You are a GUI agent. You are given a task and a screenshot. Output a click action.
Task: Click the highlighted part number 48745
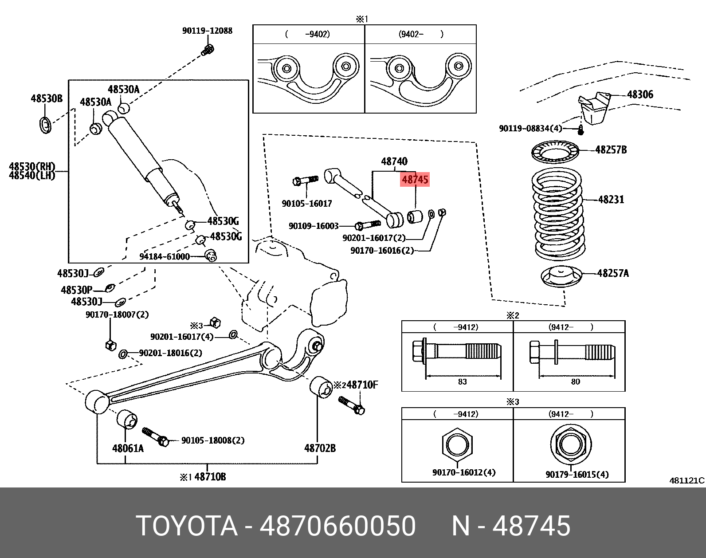tap(415, 180)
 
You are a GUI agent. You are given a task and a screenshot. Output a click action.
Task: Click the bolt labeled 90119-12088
tap(207, 50)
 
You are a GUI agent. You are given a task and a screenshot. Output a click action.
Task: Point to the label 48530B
tap(47, 98)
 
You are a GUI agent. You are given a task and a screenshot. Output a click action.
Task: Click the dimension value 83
tap(462, 382)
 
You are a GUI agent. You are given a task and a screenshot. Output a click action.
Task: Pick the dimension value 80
tap(575, 382)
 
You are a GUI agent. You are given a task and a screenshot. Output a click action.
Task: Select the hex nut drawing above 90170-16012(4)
tap(457, 445)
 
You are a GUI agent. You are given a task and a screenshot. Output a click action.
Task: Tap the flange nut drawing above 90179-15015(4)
tap(571, 444)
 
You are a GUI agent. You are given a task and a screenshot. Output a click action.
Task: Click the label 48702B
tap(320, 448)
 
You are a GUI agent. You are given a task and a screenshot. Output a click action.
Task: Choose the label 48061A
tap(128, 448)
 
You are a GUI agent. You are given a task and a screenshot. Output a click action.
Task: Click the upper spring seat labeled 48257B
tap(555, 152)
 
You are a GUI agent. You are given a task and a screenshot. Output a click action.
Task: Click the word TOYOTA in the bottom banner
tap(187, 526)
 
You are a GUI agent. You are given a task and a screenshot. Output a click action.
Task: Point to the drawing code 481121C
tap(686, 480)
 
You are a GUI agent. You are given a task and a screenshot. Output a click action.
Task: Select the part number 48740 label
tap(394, 161)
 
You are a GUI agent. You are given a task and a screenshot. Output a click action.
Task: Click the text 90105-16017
tap(307, 204)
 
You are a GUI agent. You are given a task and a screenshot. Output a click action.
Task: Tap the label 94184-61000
tap(165, 257)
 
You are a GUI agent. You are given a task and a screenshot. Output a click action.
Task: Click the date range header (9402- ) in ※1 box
tap(420, 34)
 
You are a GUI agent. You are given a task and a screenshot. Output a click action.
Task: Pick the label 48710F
tap(362, 385)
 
